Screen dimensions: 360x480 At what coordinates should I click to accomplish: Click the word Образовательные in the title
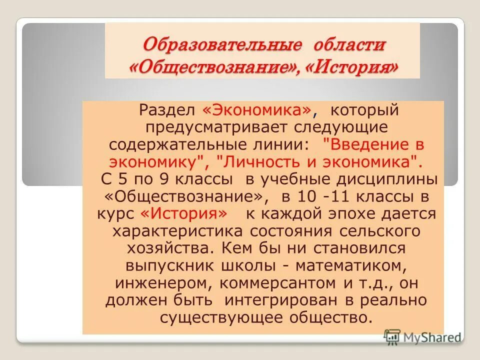[x=221, y=45]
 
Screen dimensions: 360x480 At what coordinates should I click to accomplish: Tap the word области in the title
[x=349, y=45]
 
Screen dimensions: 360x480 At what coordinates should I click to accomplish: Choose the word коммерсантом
[x=258, y=283]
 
